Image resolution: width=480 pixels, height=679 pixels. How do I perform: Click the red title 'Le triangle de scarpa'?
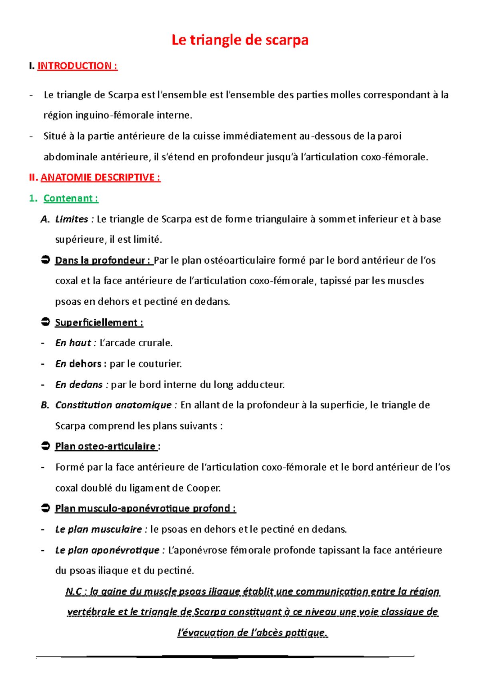(x=240, y=40)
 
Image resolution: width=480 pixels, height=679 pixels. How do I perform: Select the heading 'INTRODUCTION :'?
(x=77, y=66)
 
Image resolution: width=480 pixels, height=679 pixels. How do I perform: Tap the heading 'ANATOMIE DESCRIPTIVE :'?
(x=100, y=178)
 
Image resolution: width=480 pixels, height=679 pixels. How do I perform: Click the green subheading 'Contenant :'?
(x=71, y=198)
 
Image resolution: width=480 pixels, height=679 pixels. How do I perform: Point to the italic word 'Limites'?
(x=72, y=219)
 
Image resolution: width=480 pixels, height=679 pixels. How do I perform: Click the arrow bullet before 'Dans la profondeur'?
(x=45, y=260)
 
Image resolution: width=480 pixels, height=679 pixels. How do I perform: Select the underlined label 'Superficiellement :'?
(x=99, y=323)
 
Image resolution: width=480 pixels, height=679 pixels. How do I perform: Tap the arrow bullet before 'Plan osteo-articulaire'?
(x=45, y=446)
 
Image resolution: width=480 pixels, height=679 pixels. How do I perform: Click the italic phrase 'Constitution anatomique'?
(x=113, y=405)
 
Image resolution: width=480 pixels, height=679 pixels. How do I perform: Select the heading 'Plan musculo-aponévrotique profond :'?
(x=145, y=509)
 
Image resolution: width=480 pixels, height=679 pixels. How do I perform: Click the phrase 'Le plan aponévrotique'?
(x=107, y=550)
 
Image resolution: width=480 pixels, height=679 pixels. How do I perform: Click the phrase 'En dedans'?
(x=79, y=385)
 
